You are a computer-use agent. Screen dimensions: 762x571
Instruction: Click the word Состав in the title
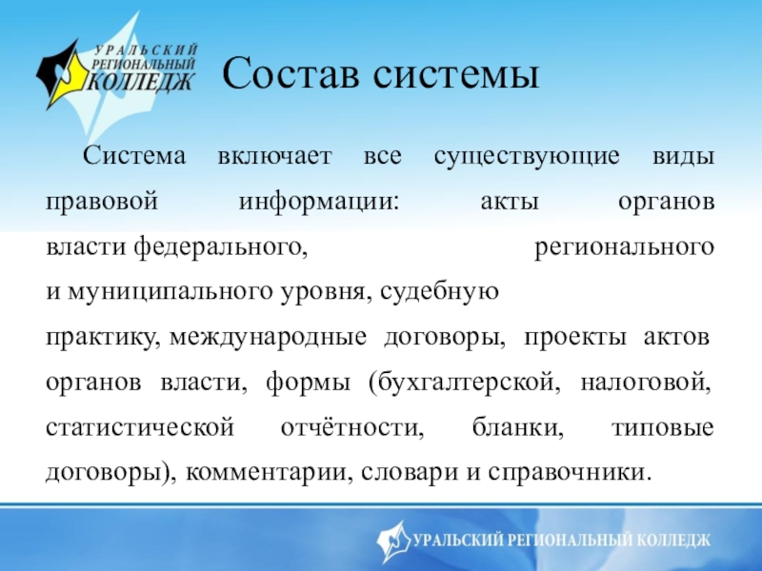(x=291, y=74)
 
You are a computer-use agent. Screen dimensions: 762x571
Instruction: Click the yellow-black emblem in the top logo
(x=62, y=75)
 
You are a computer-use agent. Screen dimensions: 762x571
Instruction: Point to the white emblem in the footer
(x=393, y=541)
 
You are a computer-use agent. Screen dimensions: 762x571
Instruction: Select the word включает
(x=274, y=156)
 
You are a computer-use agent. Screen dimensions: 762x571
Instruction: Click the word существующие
(x=527, y=157)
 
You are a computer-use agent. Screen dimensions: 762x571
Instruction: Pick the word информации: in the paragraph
(x=319, y=203)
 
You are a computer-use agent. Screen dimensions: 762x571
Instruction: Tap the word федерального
(x=221, y=247)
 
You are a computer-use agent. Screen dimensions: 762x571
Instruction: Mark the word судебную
(x=440, y=292)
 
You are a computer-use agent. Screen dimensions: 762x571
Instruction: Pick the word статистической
(x=140, y=428)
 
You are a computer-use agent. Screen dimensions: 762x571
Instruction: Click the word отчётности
(x=352, y=427)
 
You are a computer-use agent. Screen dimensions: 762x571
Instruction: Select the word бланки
(x=517, y=427)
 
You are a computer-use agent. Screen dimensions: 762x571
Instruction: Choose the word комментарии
(x=270, y=473)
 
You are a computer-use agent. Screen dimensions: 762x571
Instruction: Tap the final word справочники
(x=569, y=473)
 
